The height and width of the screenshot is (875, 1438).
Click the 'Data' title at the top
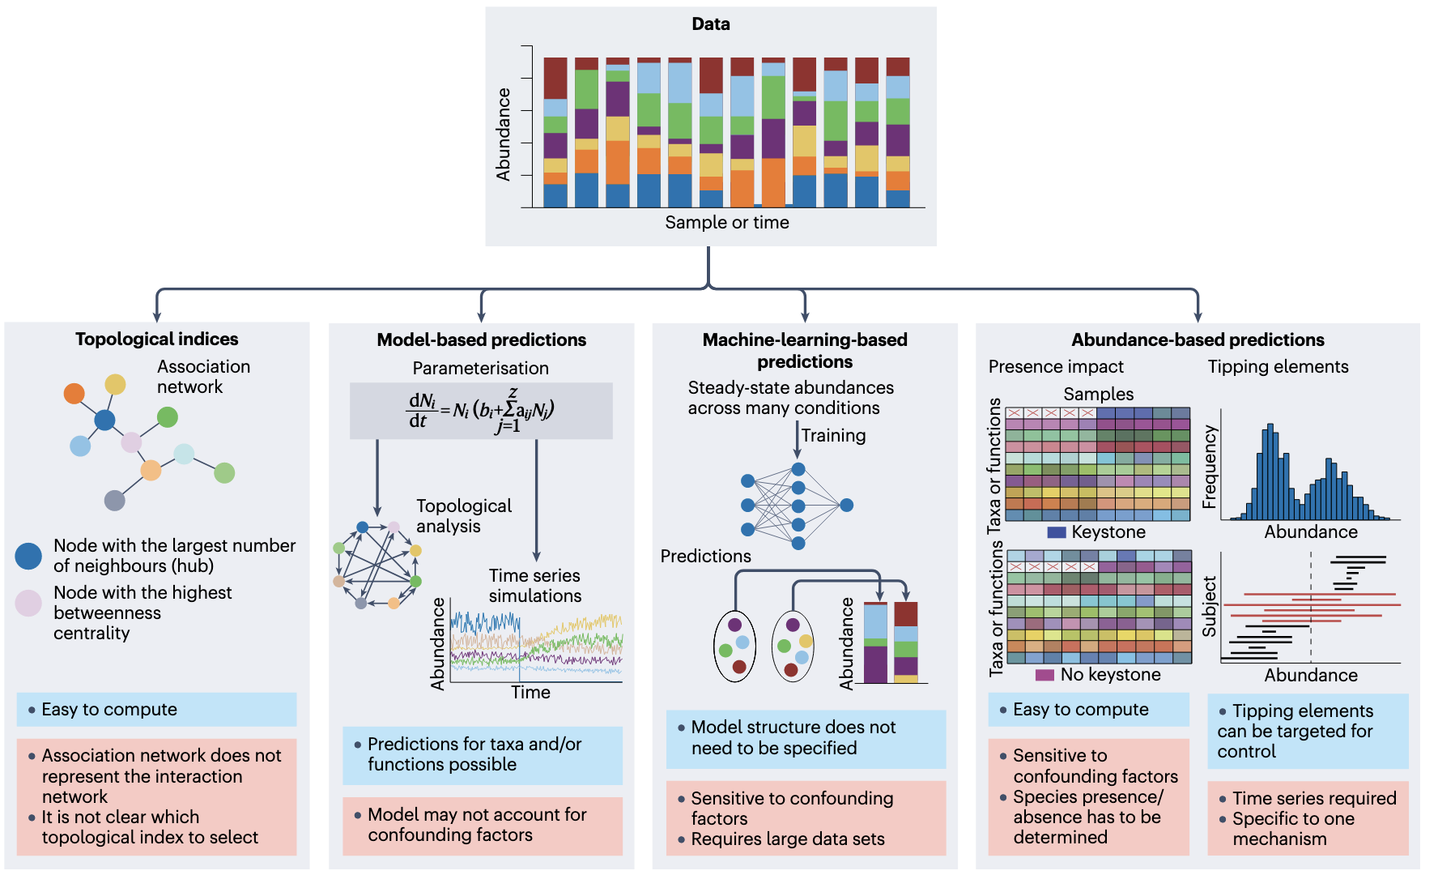[711, 24]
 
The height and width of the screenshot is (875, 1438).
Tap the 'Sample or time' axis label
[726, 223]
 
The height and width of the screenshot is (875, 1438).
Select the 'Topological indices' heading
[156, 339]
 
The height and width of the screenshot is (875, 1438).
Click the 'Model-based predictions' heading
[481, 340]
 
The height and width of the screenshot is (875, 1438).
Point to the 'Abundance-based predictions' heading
[1198, 340]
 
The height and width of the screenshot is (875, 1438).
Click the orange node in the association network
[74, 394]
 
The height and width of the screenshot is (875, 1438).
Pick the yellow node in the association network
[116, 384]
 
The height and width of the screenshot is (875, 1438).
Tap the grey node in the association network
[115, 501]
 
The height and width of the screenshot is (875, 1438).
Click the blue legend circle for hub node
[28, 556]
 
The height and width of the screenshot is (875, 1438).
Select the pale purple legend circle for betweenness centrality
[28, 604]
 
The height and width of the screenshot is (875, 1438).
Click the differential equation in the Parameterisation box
[481, 411]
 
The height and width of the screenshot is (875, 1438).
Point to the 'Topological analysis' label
[463, 516]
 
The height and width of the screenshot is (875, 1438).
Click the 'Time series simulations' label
[534, 586]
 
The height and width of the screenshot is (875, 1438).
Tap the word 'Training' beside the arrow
[833, 436]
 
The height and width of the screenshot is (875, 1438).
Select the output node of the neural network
[847, 506]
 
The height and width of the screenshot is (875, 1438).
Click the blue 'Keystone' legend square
[1056, 532]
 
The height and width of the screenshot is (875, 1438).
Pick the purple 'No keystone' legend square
[1044, 675]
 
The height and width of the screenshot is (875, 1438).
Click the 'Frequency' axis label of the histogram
[1210, 467]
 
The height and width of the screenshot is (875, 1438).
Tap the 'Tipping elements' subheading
[1278, 367]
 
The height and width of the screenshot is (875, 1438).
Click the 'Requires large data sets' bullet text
[787, 839]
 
